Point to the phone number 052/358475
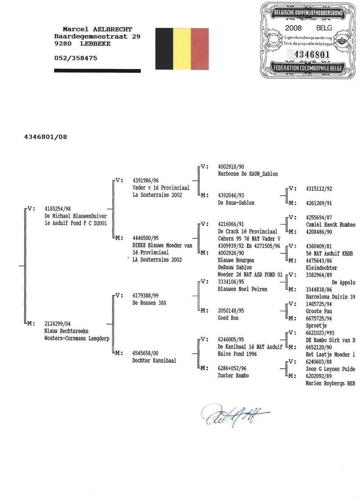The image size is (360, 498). pyautogui.click(x=75, y=58)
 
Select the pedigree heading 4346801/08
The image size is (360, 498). pyautogui.click(x=46, y=136)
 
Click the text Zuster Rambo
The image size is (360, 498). pyautogui.click(x=234, y=375)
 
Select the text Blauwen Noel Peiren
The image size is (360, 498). pyautogui.click(x=243, y=289)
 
